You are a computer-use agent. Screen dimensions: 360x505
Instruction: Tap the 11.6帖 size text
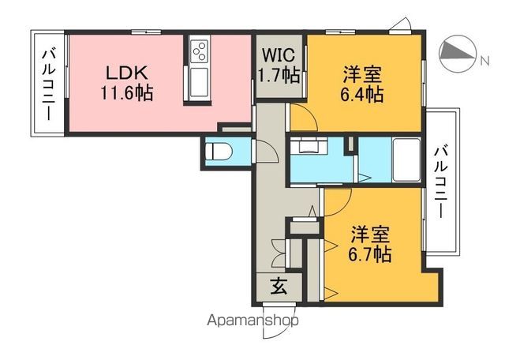click(126, 92)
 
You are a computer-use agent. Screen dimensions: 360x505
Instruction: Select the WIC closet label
click(279, 57)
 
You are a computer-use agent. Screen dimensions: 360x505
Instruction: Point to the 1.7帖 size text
click(279, 76)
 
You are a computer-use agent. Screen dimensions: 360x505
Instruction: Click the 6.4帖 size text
click(363, 96)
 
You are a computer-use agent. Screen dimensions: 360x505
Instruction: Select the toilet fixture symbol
click(217, 150)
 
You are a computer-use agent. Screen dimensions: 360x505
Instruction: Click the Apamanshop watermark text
click(252, 321)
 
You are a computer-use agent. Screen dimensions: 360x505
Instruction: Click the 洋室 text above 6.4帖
click(363, 76)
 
